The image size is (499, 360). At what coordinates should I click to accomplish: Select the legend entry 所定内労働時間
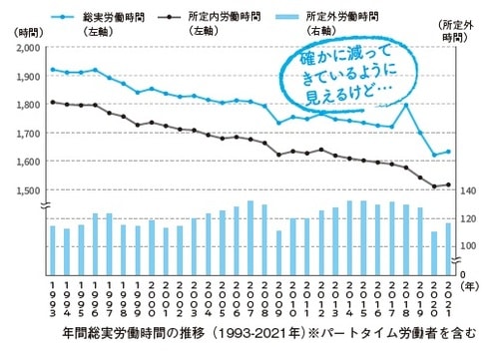coord(228,17)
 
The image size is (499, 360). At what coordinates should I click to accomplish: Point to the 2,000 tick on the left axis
coord(27,48)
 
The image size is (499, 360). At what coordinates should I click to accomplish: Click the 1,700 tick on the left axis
coord(27,133)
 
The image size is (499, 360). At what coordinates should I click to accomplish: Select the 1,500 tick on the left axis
coord(27,189)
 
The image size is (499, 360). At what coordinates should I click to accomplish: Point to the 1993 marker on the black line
coord(53,102)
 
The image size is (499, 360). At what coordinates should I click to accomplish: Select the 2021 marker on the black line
coord(448,184)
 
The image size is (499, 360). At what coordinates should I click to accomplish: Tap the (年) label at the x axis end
coord(467,285)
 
